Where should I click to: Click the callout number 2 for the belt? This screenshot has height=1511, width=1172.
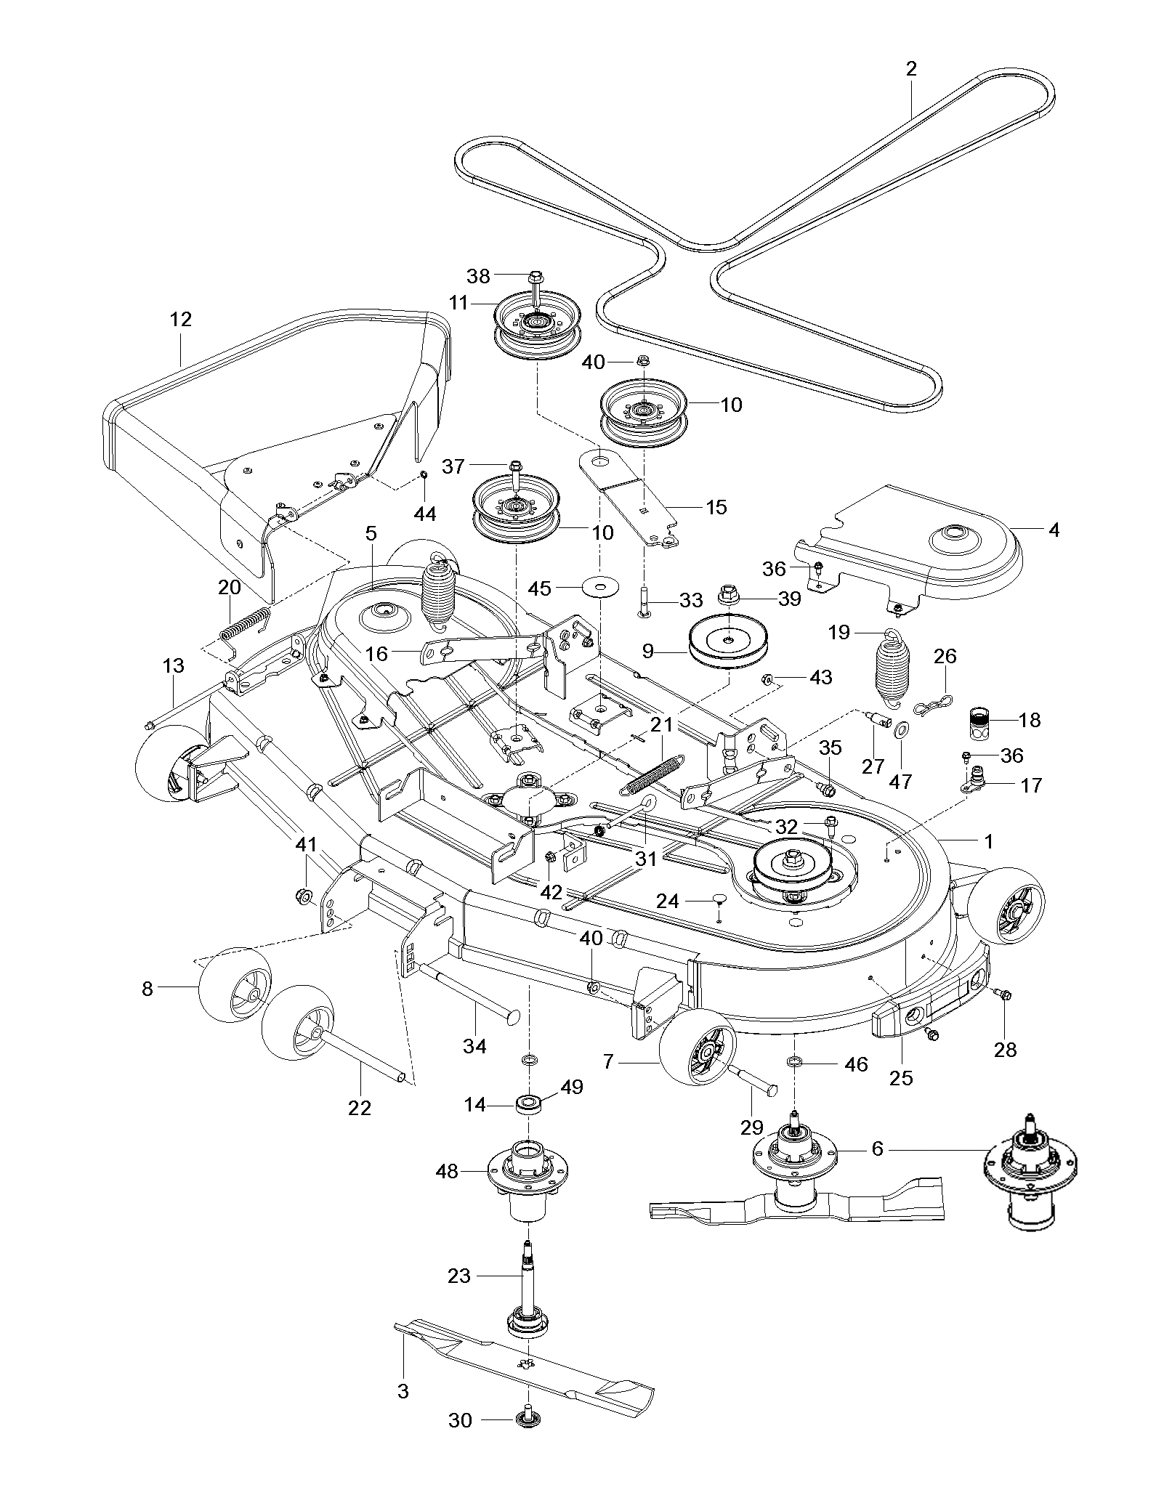[911, 69]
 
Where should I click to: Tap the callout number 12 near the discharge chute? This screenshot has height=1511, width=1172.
[181, 319]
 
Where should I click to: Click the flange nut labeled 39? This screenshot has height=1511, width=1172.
[727, 595]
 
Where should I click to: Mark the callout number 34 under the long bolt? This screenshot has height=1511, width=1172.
[475, 1045]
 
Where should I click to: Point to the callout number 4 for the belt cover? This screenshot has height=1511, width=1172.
[1054, 530]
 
